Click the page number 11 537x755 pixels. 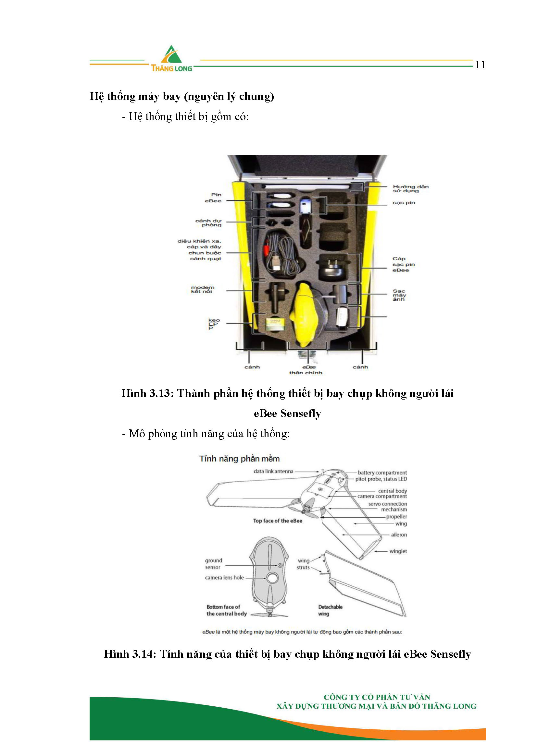click(x=480, y=65)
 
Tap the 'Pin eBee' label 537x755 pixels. click(x=213, y=198)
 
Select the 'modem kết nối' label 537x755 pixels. click(x=202, y=289)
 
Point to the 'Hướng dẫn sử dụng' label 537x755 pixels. click(x=410, y=188)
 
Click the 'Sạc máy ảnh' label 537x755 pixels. click(x=399, y=295)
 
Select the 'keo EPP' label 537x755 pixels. click(x=214, y=324)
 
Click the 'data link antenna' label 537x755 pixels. click(x=273, y=471)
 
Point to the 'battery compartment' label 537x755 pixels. click(x=382, y=473)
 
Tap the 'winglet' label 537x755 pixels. click(x=398, y=551)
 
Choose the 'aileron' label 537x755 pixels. click(x=399, y=535)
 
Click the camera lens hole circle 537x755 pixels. click(x=272, y=578)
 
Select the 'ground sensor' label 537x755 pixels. click(x=213, y=564)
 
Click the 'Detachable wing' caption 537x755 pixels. click(x=330, y=610)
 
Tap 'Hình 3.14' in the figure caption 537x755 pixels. click(x=130, y=654)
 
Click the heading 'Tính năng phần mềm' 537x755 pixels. click(x=239, y=459)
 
